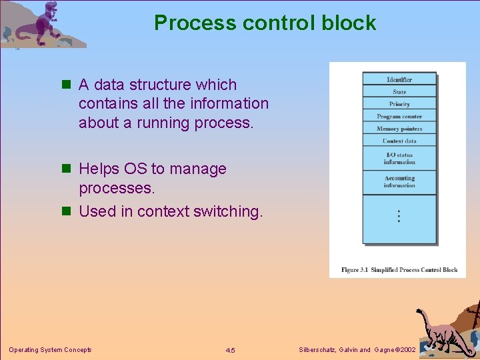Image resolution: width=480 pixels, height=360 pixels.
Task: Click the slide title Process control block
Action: coord(265,23)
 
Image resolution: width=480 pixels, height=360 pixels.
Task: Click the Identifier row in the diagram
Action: coord(399,79)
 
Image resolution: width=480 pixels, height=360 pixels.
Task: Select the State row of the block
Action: coord(399,92)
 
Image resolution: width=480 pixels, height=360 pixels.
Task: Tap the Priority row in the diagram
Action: coord(399,104)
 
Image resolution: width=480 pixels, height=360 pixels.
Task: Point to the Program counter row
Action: coord(399,117)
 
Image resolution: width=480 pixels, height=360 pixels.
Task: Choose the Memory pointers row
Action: coord(399,129)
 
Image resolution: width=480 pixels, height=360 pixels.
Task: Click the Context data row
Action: coord(399,141)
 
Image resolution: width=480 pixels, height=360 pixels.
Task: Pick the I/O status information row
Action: coord(399,159)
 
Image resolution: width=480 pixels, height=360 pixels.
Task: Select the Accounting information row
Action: coord(399,181)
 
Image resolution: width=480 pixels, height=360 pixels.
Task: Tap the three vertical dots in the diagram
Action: coord(399,216)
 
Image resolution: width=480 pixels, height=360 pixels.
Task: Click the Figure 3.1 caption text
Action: coord(399,270)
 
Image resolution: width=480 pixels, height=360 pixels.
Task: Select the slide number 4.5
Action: coord(230,350)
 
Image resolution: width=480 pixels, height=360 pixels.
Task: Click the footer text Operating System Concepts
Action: coord(50,350)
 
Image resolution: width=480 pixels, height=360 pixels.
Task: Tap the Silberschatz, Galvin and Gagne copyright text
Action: coord(357,350)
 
